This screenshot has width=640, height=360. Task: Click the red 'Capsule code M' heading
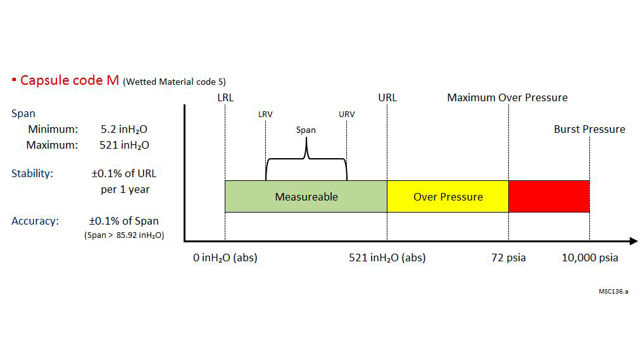coord(70,80)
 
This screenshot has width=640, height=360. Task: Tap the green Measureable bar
coord(306,196)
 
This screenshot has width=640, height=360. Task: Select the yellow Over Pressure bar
coord(448,196)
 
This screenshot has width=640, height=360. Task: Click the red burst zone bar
coord(549,196)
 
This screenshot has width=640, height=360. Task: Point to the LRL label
coord(225,97)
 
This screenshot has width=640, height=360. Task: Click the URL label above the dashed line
coord(387,97)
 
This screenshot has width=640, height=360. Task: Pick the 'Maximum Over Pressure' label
coord(507,97)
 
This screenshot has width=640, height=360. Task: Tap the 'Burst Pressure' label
coord(589,129)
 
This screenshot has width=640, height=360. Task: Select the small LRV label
coord(265,115)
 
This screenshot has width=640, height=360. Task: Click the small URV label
coord(346,115)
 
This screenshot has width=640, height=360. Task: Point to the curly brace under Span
coord(306,161)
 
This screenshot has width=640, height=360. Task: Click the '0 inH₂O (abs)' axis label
coord(225,258)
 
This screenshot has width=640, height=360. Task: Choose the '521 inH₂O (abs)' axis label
coord(387,258)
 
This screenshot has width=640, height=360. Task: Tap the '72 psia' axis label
coord(508,258)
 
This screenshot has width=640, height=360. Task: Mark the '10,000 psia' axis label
coord(590,258)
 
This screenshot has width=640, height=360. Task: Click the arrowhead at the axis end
coord(633,241)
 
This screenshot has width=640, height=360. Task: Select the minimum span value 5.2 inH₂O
coord(124,130)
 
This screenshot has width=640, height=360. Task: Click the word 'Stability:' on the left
coord(32,173)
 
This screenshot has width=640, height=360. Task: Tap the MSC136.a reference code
coord(613,292)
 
